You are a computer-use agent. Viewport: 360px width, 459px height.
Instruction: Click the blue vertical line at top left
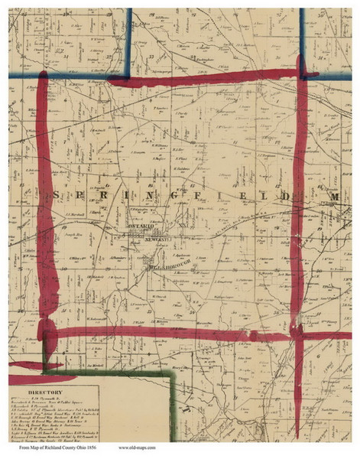(129, 38)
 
